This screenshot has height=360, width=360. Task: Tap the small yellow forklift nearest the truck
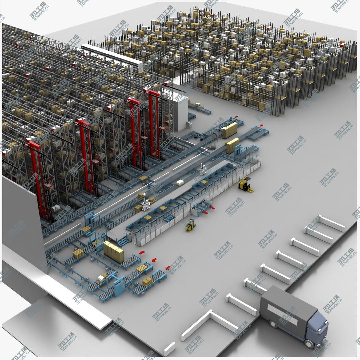pos(190,226)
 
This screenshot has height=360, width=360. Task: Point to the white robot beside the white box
pos(203,169)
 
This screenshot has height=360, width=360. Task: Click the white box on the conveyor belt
pos(180,182)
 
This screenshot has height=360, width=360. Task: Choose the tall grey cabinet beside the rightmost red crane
pos(180,113)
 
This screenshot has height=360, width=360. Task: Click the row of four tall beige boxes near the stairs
pos(114,251)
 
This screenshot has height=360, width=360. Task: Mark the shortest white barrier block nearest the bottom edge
pos(169,348)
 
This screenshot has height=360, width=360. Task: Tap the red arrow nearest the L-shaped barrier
pos(168,267)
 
